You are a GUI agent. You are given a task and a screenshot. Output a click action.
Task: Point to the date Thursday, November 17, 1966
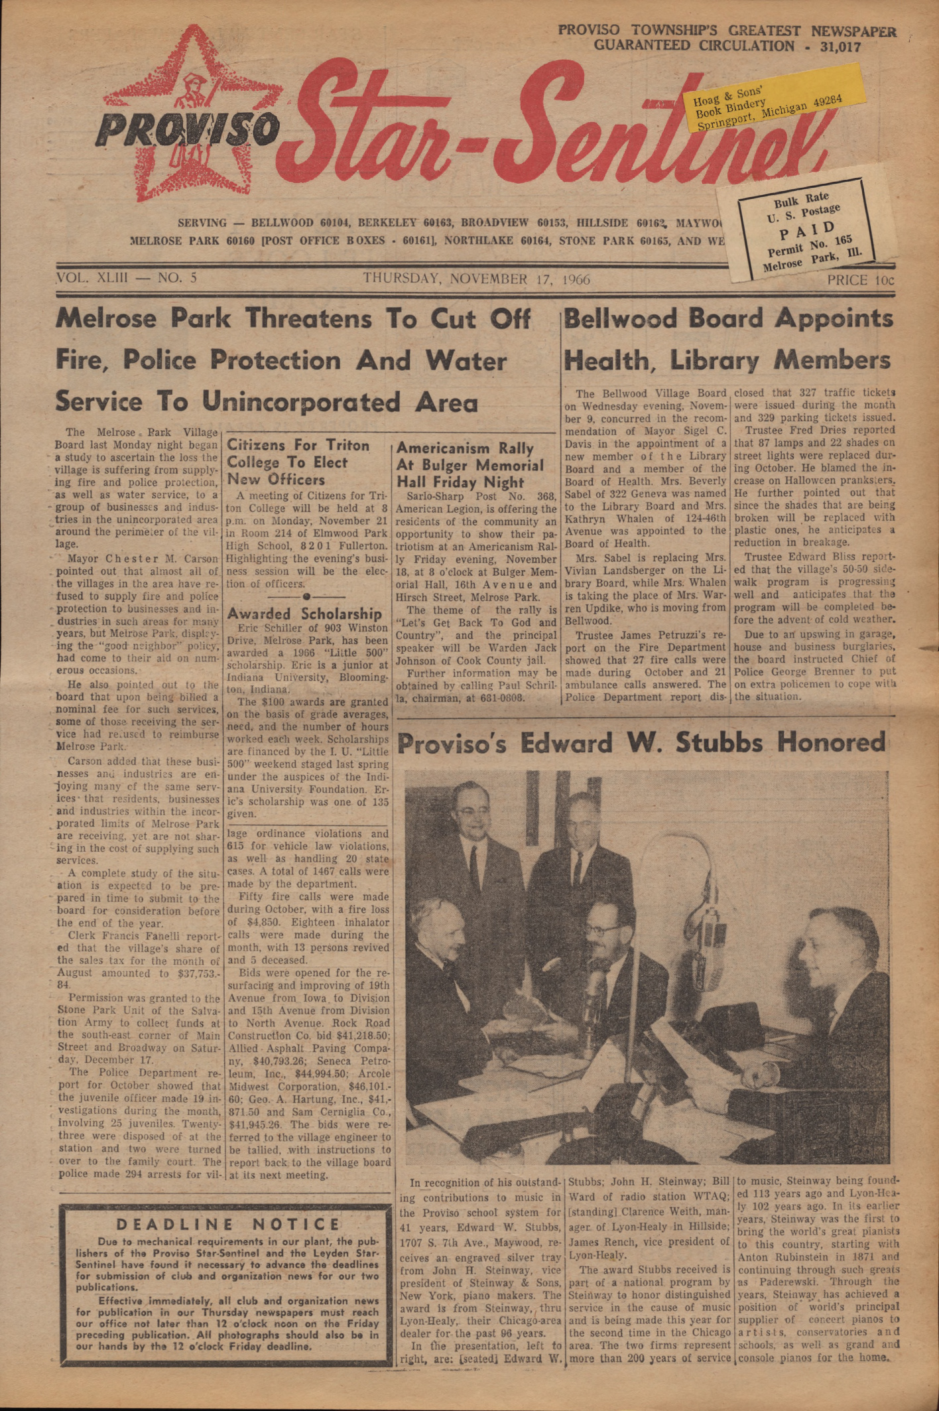point(476,279)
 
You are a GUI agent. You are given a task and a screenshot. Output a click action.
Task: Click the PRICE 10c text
point(859,279)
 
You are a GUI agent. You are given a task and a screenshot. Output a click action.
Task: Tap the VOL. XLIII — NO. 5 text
point(128,278)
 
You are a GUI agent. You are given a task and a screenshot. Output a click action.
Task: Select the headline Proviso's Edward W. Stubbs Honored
point(641,743)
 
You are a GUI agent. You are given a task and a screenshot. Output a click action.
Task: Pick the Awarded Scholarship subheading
point(304,614)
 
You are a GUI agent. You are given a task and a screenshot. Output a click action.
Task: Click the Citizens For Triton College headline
point(298,462)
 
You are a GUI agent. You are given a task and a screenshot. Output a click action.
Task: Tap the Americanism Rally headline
point(470,465)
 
